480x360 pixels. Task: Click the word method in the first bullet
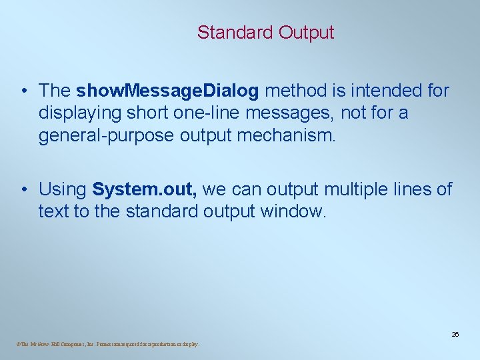(x=303, y=91)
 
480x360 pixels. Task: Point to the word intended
(x=389, y=91)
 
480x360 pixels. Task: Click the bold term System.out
(x=145, y=190)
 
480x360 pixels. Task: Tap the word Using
(x=63, y=190)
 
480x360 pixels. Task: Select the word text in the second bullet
(x=50, y=213)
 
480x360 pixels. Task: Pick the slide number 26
(x=455, y=334)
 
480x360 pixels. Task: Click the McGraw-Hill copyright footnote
(x=105, y=345)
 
